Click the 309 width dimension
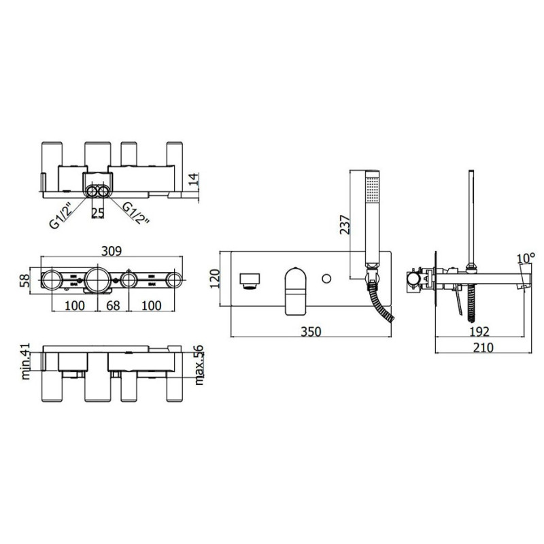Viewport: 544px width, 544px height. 112,250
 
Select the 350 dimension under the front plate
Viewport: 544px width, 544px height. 311,331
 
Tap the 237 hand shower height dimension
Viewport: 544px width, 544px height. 345,224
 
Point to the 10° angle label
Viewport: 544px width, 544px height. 526,258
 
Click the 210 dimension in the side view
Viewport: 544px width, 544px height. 483,347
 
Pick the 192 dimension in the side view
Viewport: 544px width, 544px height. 479,331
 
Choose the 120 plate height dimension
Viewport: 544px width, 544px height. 215,279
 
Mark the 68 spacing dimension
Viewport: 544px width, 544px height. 113,305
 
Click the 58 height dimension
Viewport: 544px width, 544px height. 24,281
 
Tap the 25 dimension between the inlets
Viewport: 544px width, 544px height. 97,213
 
